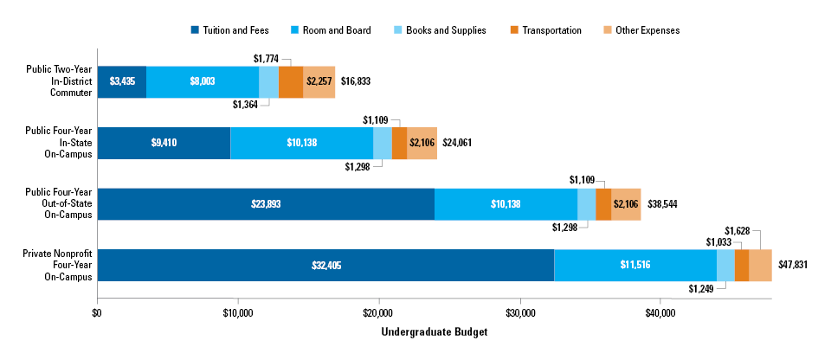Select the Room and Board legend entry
[x=332, y=30]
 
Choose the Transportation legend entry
[x=550, y=30]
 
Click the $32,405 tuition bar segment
[x=325, y=265]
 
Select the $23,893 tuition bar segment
[x=266, y=204]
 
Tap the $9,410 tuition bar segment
[x=164, y=143]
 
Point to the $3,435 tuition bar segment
[x=121, y=81]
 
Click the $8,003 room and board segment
[x=203, y=81]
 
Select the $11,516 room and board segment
[x=635, y=265]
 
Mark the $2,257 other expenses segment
[x=319, y=81]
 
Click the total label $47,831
[x=793, y=265]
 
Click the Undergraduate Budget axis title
[x=434, y=332]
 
